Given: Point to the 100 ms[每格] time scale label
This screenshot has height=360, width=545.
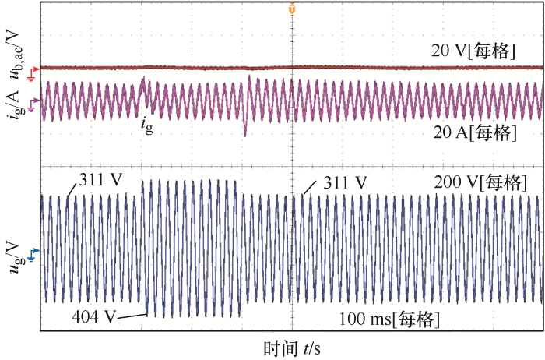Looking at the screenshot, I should pos(389,319).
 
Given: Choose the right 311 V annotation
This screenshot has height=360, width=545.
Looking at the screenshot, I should pos(344,184).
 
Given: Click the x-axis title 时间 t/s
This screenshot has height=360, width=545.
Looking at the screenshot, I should pos(291,348).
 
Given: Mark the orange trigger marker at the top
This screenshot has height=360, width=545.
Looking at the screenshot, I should pos(292,9).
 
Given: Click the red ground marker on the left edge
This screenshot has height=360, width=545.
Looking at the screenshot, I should pos(32,72).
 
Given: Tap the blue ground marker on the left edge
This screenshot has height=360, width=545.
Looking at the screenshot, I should pos(32,252).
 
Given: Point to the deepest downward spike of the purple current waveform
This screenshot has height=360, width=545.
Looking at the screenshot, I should pos(245,136).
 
